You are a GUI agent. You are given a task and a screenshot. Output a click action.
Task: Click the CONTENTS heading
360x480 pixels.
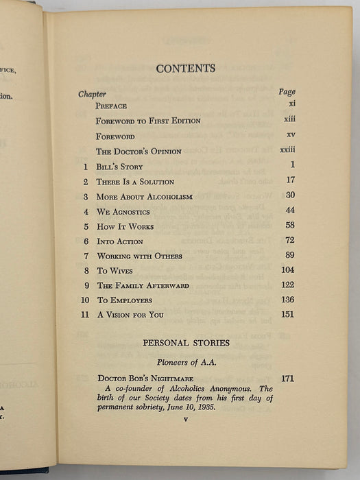[185, 69]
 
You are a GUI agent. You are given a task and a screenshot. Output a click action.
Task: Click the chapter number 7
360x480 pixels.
[86, 256]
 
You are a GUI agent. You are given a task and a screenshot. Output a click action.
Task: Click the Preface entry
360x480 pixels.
[111, 106]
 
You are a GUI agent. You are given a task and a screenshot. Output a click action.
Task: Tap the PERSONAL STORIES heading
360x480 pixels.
[186, 343]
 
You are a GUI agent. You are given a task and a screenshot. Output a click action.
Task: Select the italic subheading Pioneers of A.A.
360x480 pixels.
[186, 363]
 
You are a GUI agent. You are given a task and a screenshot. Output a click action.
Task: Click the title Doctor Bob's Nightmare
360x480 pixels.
[145, 379]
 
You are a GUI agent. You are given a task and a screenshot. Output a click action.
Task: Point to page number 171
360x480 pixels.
[287, 379]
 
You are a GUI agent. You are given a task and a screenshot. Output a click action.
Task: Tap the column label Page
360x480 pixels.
[287, 92]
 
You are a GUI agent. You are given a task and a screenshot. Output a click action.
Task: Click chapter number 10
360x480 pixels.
[85, 300]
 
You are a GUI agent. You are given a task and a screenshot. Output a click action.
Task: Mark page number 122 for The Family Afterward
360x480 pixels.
[287, 285]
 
